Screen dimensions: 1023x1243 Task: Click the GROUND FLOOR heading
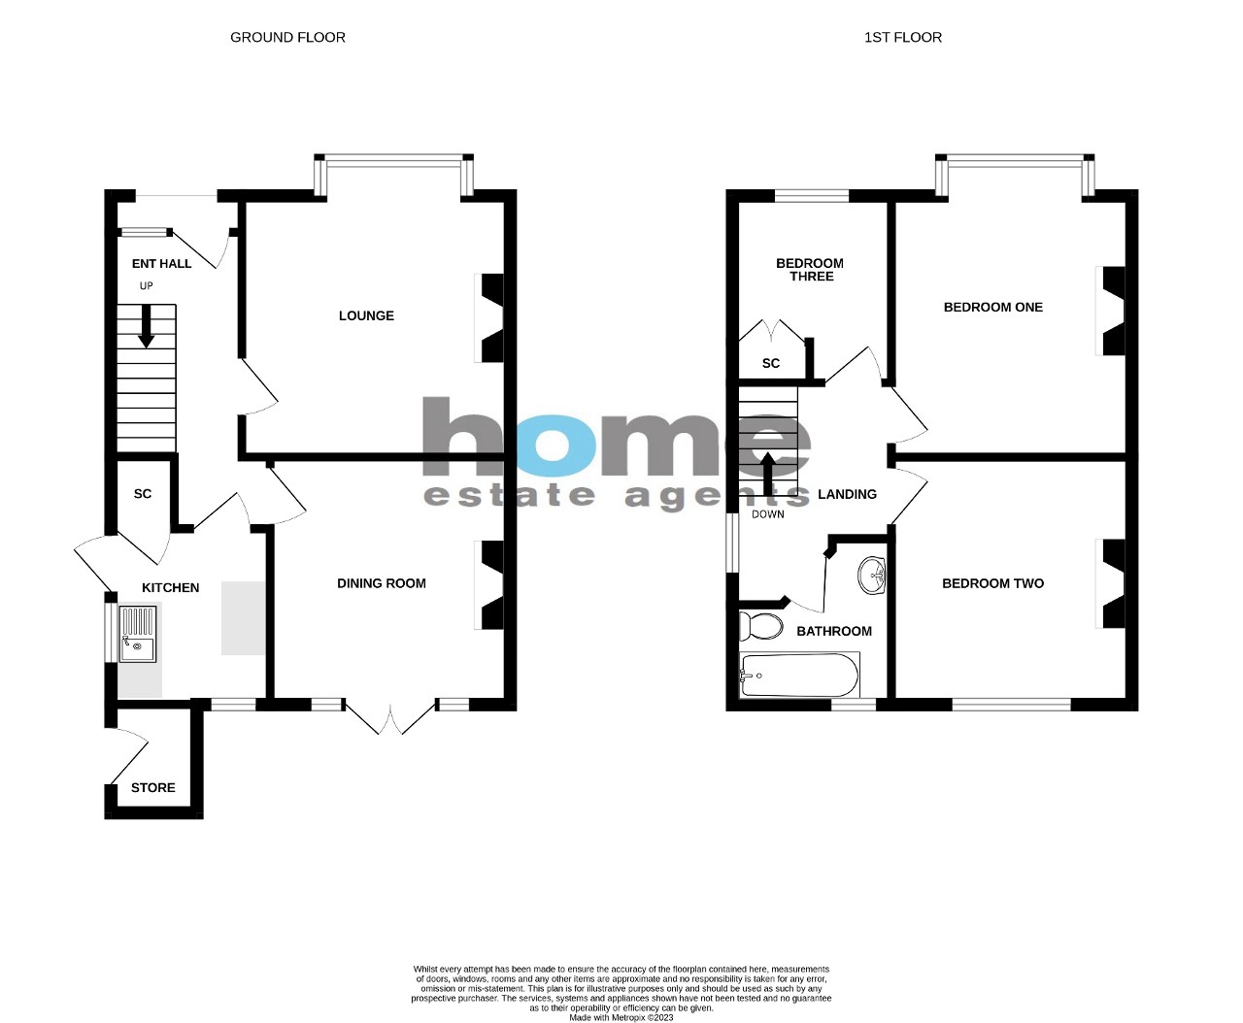[287, 37]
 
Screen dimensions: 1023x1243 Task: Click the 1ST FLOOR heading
[902, 37]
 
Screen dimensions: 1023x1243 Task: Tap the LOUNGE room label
[366, 315]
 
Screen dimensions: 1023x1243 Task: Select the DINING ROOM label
[381, 583]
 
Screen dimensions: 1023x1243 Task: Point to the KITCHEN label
[170, 587]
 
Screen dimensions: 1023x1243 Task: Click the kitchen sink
[137, 633]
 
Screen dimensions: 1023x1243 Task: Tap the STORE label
[153, 787]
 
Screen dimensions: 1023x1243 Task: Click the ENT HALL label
[161, 264]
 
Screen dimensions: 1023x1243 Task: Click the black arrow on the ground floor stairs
[146, 326]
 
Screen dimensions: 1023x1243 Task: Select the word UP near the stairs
[146, 286]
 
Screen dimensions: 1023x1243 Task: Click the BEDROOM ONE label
[992, 307]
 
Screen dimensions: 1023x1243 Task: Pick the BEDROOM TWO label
[992, 583]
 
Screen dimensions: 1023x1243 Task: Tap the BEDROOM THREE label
[810, 270]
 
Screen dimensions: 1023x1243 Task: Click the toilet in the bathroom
[762, 627]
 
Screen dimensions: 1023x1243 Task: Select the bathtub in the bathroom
[799, 676]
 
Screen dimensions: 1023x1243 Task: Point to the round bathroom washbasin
[873, 575]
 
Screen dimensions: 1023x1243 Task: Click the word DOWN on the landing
[767, 514]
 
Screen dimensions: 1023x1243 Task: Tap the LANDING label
[847, 494]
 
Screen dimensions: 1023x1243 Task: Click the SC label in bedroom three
[770, 363]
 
